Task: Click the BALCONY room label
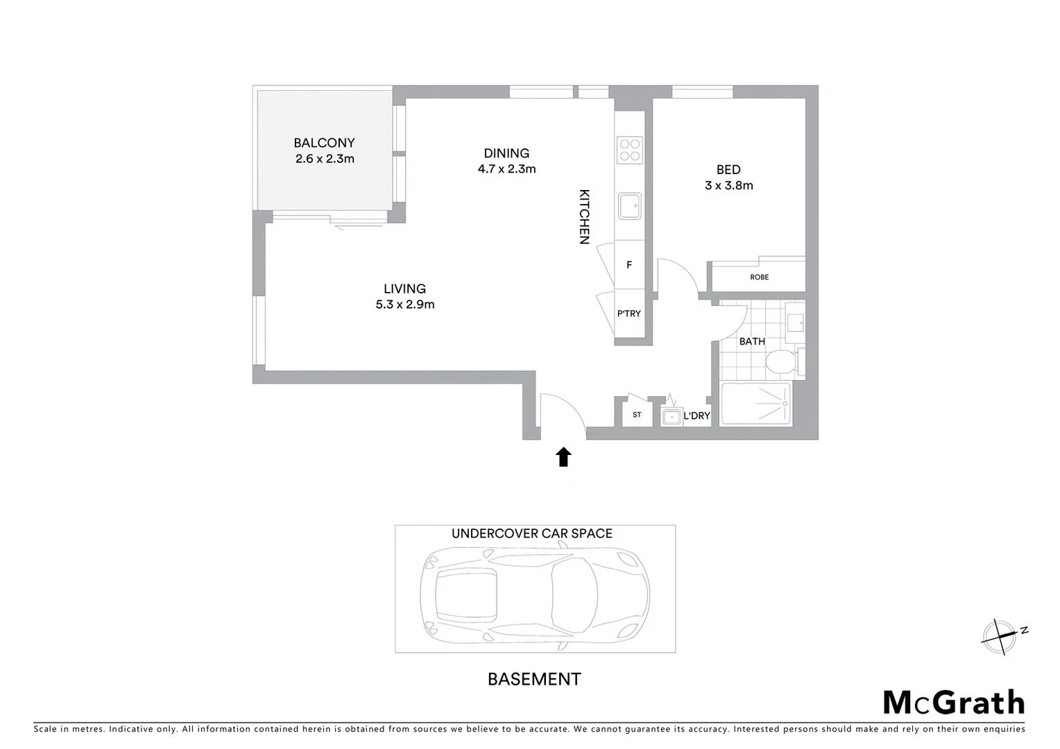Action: [x=324, y=143]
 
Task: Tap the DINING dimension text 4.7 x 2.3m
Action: [x=506, y=169]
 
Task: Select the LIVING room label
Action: [x=404, y=289]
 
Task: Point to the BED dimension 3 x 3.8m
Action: [x=728, y=185]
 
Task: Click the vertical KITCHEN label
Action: [x=584, y=216]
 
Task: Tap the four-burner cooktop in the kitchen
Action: [x=629, y=150]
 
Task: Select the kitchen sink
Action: [x=629, y=206]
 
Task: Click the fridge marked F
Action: [x=629, y=265]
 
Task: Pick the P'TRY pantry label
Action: [x=629, y=313]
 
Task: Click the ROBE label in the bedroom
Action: [x=759, y=277]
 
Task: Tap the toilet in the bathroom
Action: [x=782, y=361]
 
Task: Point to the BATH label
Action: [x=752, y=341]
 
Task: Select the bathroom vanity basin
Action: [x=795, y=322]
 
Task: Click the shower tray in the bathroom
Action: [x=755, y=404]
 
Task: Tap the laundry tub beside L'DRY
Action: [x=671, y=417]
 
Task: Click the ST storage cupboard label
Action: [x=637, y=415]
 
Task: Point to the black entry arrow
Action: [x=563, y=456]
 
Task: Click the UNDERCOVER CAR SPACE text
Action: [x=531, y=533]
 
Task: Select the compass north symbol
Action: [x=1002, y=636]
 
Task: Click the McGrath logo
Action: [x=953, y=703]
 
